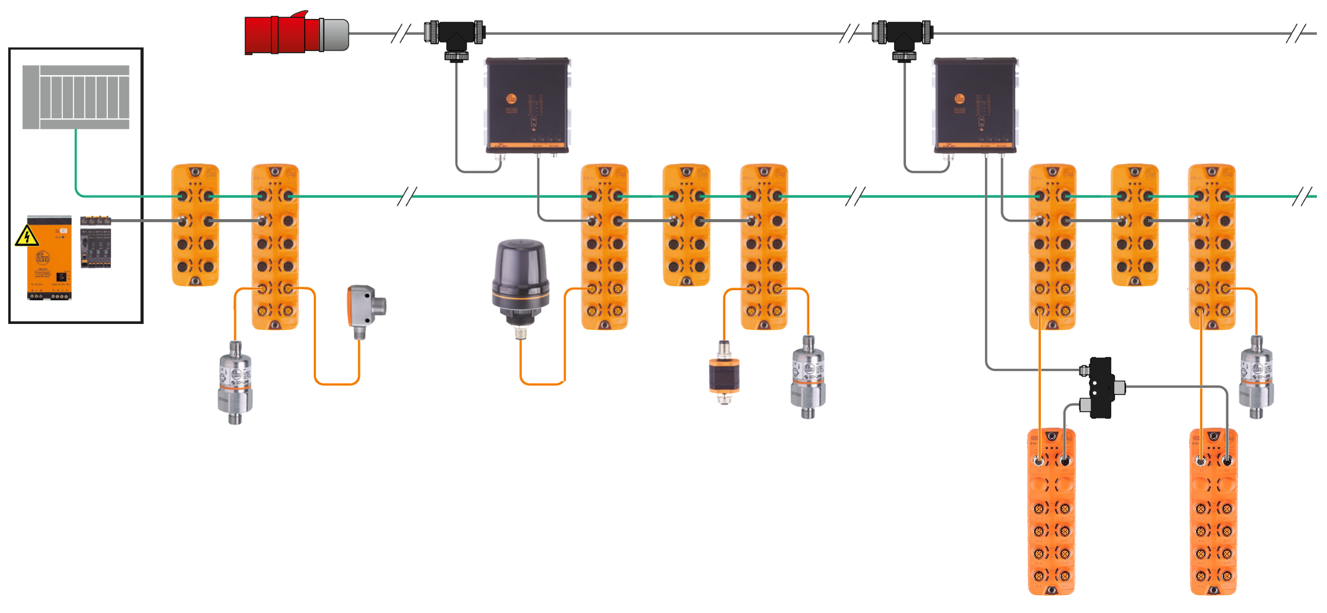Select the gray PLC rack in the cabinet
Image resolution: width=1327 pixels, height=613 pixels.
(76, 97)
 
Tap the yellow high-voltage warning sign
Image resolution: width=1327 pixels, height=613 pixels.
(25, 236)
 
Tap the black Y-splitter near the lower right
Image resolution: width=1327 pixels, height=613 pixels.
(1099, 387)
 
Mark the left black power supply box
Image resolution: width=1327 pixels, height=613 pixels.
(527, 105)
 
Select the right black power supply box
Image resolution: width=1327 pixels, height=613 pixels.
(975, 105)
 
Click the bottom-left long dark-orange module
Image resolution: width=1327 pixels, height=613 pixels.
(1052, 512)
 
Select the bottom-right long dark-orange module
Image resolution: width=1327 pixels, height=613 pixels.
(1213, 512)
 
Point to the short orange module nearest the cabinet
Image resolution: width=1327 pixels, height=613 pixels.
(195, 225)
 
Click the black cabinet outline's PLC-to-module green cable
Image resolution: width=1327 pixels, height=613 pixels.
(76, 172)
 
